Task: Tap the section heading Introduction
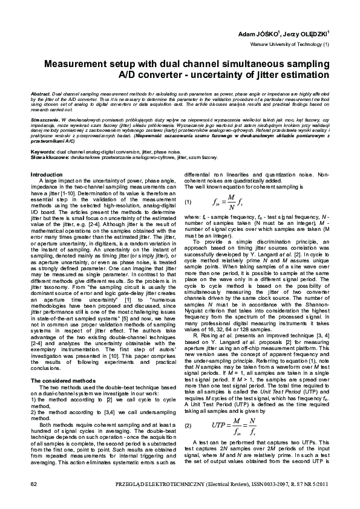[x=50, y=174]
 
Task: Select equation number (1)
[x=188, y=201]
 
